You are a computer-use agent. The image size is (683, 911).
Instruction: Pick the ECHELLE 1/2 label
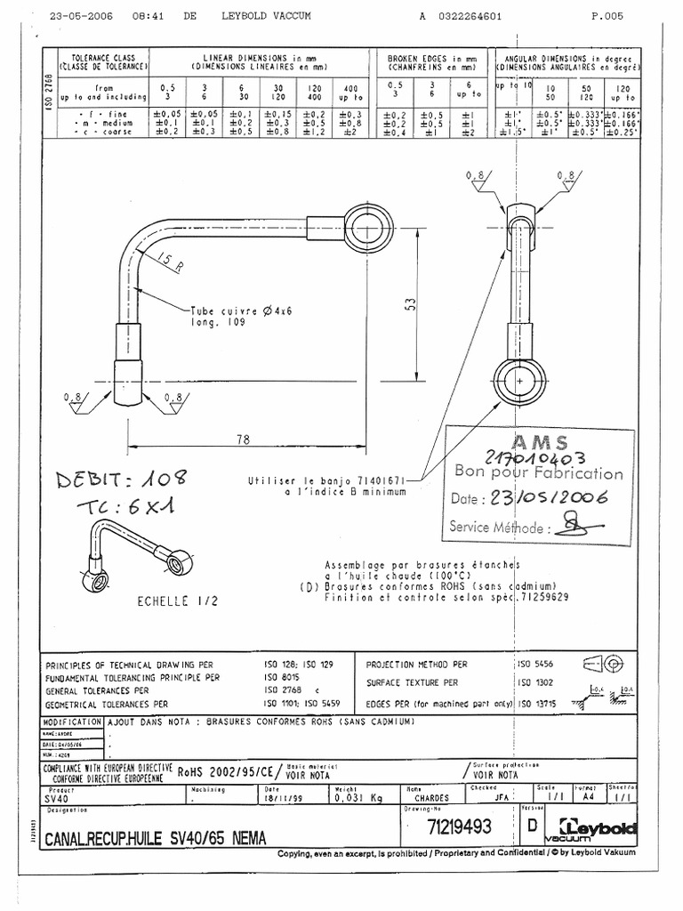pyautogui.click(x=177, y=602)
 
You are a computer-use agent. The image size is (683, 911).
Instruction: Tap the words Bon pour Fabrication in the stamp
pyautogui.click(x=539, y=472)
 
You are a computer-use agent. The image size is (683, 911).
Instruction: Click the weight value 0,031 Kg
pyautogui.click(x=355, y=799)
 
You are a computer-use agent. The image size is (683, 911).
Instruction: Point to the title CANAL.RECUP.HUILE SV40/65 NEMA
pyautogui.click(x=155, y=837)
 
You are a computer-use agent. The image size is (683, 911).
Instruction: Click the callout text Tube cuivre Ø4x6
pyautogui.click(x=234, y=312)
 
